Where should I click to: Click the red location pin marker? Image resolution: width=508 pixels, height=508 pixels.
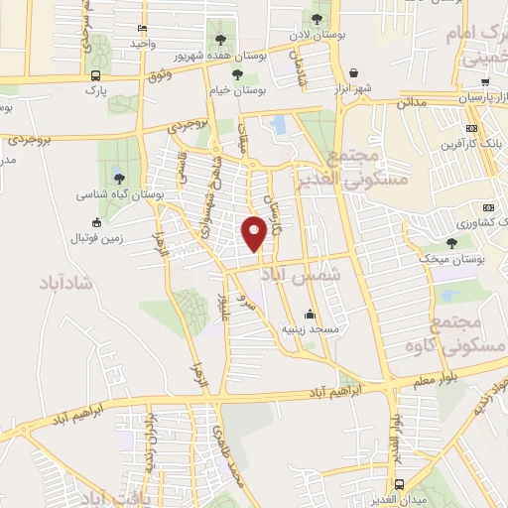[254, 232]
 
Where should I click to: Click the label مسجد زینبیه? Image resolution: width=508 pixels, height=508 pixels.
[311, 327]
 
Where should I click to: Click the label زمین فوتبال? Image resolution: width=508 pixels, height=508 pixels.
[94, 238]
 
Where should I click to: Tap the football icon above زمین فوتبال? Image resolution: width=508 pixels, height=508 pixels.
[95, 222]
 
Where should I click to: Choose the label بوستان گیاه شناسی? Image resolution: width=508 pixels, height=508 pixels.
[120, 195]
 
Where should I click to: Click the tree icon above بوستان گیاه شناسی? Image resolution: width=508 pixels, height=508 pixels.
[119, 179]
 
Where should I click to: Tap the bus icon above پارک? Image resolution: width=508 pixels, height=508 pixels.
[94, 75]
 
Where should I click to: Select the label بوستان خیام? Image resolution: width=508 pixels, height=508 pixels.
[237, 89]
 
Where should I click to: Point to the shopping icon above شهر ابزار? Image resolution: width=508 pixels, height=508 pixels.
[354, 72]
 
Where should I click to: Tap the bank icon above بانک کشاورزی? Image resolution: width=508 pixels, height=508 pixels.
[487, 206]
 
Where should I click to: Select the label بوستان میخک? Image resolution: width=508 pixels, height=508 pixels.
[451, 258]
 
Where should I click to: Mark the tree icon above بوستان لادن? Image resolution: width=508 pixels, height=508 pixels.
[317, 18]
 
